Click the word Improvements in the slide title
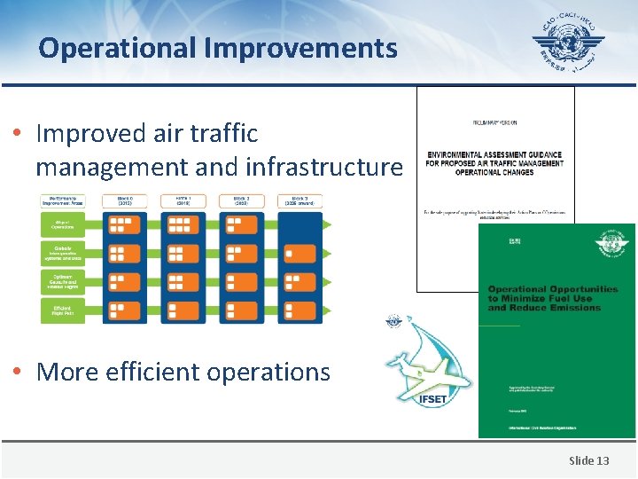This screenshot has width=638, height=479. pyautogui.click(x=300, y=48)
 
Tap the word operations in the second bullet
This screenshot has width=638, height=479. pyautogui.click(x=274, y=373)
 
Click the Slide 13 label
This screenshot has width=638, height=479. pyautogui.click(x=588, y=460)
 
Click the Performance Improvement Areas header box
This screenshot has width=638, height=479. pyautogui.click(x=62, y=200)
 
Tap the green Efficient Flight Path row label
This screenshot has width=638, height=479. pyautogui.click(x=62, y=310)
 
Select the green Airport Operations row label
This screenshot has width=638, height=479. pyautogui.click(x=62, y=225)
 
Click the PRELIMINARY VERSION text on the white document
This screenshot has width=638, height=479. pyautogui.click(x=494, y=122)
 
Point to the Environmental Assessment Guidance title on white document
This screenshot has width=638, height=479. pyautogui.click(x=494, y=163)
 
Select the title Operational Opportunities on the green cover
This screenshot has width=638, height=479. pyautogui.click(x=552, y=298)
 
